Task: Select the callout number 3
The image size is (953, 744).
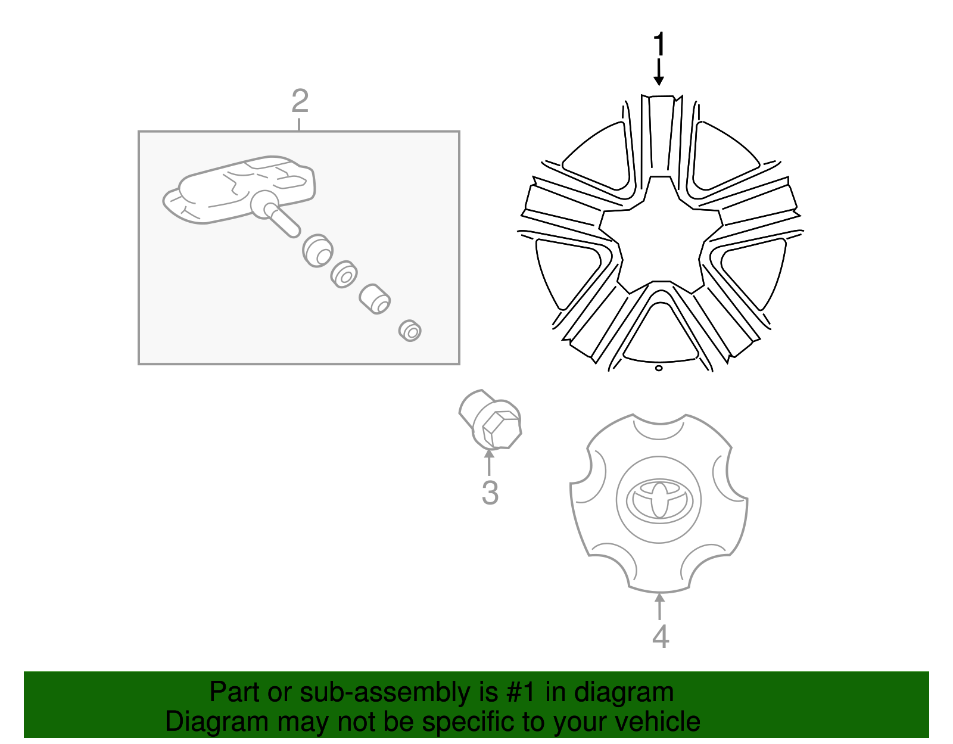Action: pos(490,493)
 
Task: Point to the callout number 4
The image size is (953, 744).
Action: pos(660,636)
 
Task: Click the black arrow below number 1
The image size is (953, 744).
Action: pos(659,73)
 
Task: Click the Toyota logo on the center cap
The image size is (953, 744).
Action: pos(659,499)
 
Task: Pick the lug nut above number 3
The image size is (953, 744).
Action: pos(490,419)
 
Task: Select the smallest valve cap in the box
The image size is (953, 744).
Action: pos(410,330)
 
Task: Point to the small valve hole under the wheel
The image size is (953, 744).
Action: pos(659,368)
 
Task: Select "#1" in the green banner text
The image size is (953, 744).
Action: pos(522,692)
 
